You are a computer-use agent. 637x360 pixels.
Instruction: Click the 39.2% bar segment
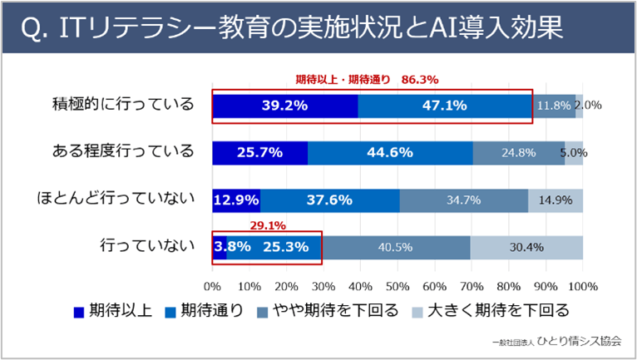pyautogui.click(x=284, y=106)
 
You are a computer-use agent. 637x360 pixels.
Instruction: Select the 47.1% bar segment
pyautogui.click(x=444, y=106)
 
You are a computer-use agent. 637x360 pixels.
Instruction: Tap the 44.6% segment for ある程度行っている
pyautogui.click(x=390, y=153)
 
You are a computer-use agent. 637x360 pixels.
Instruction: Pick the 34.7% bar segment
pyautogui.click(x=463, y=200)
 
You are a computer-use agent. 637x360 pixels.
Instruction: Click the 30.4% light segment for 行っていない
pyautogui.click(x=527, y=247)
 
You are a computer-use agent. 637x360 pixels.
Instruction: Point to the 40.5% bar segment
pyautogui.click(x=398, y=247)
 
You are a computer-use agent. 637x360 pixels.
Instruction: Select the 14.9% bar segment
pyautogui.click(x=555, y=200)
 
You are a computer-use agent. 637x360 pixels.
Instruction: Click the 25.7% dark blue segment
pyautogui.click(x=259, y=153)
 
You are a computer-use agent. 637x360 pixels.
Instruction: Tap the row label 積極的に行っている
pyautogui.click(x=122, y=105)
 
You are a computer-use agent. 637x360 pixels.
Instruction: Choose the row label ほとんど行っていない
pyautogui.click(x=115, y=200)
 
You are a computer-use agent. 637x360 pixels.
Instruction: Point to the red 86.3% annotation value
pyautogui.click(x=419, y=80)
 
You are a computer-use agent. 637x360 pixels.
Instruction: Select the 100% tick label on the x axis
pyautogui.click(x=582, y=287)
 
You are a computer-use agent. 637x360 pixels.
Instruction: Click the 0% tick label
pyautogui.click(x=212, y=287)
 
